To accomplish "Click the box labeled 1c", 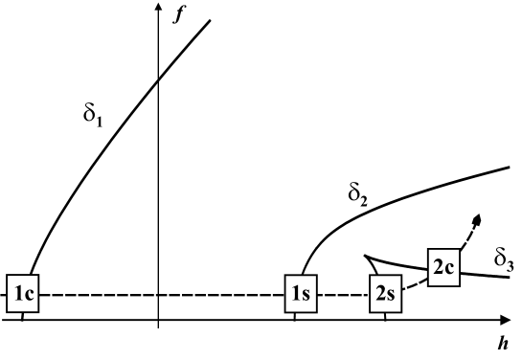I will point(22,295).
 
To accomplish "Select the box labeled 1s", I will point(299,295).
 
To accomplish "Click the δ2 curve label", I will point(359,193).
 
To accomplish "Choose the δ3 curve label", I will point(506,258).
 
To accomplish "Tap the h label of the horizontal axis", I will point(502,343).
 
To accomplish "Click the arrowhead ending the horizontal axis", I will point(513,322).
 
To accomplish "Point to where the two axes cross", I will point(156,322).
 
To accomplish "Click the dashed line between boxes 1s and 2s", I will point(342,295).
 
